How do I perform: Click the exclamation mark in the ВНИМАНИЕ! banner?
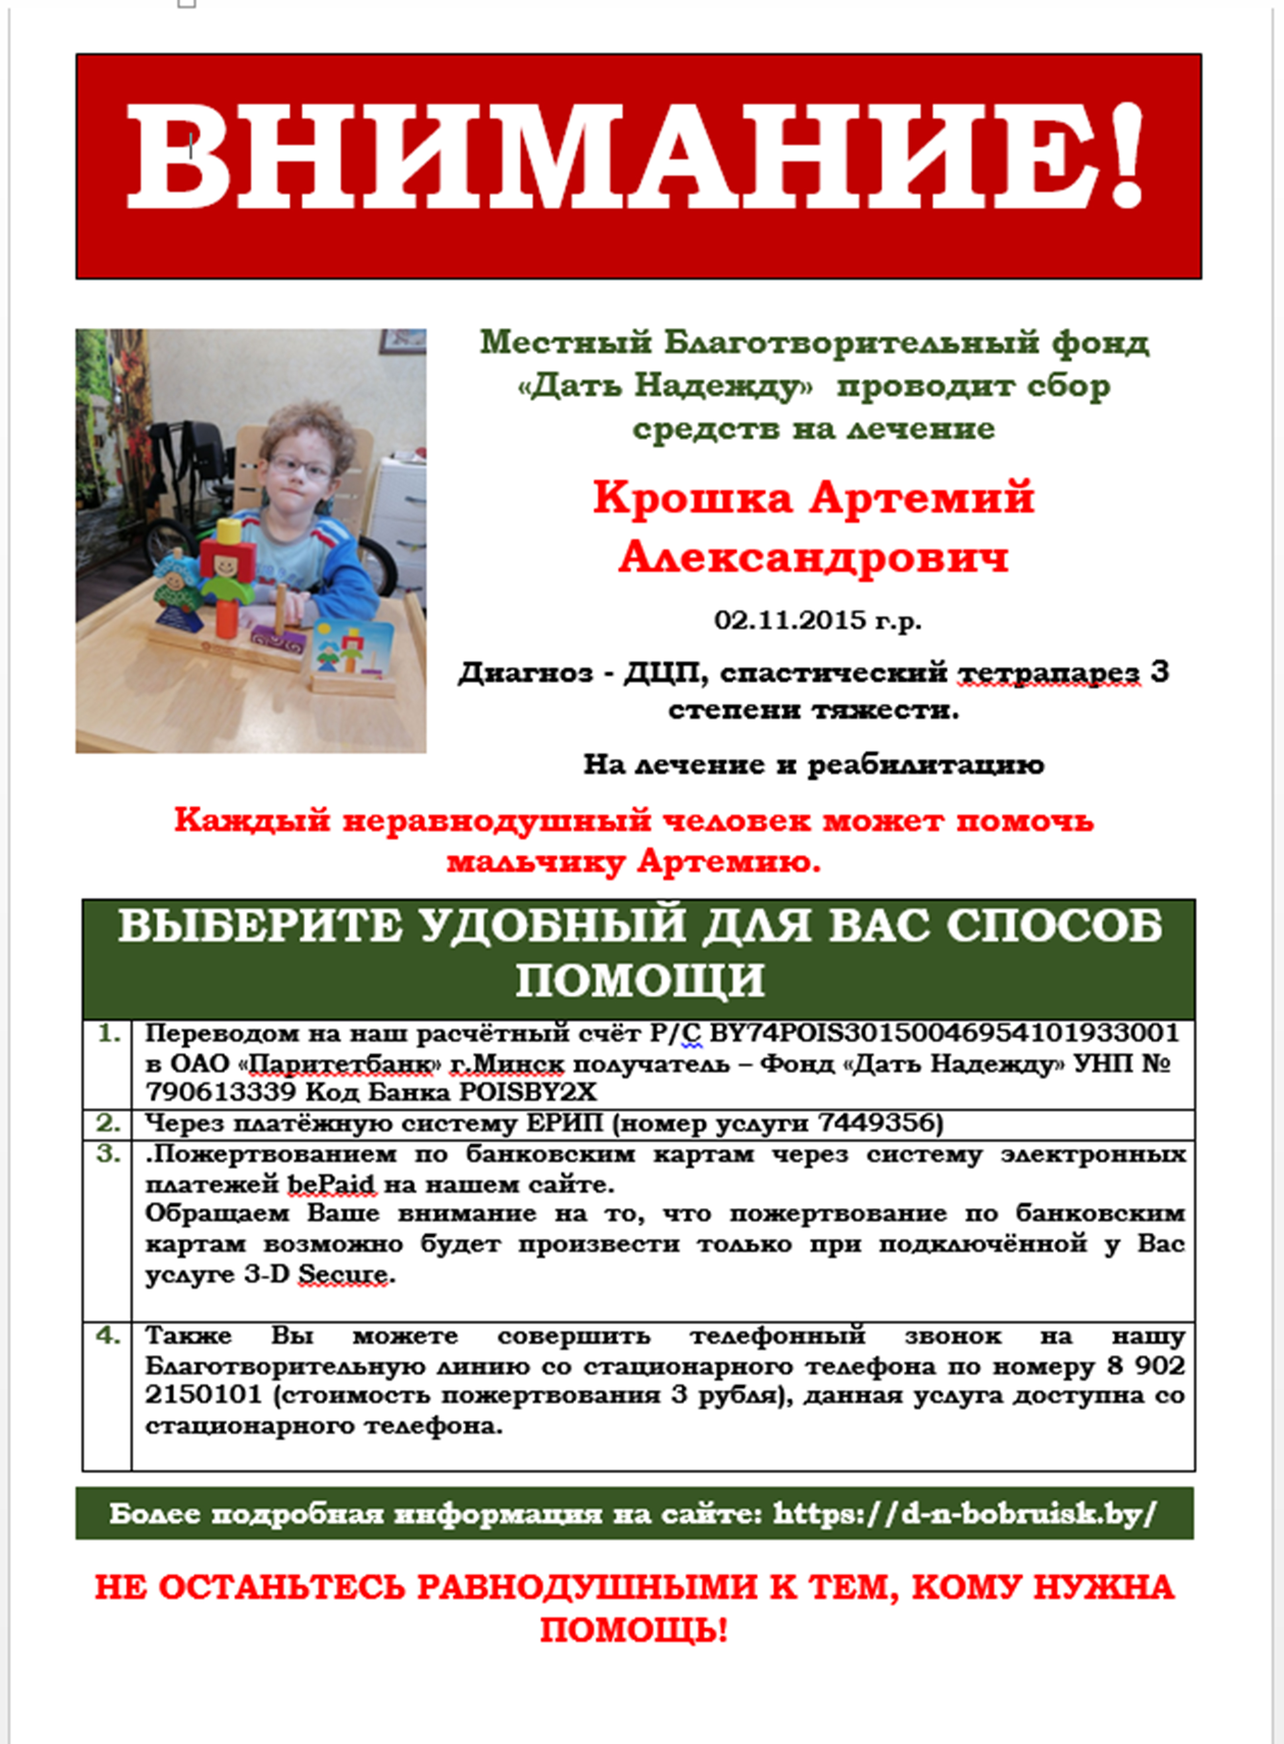[x=1125, y=155]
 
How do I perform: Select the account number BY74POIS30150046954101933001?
[x=945, y=1033]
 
